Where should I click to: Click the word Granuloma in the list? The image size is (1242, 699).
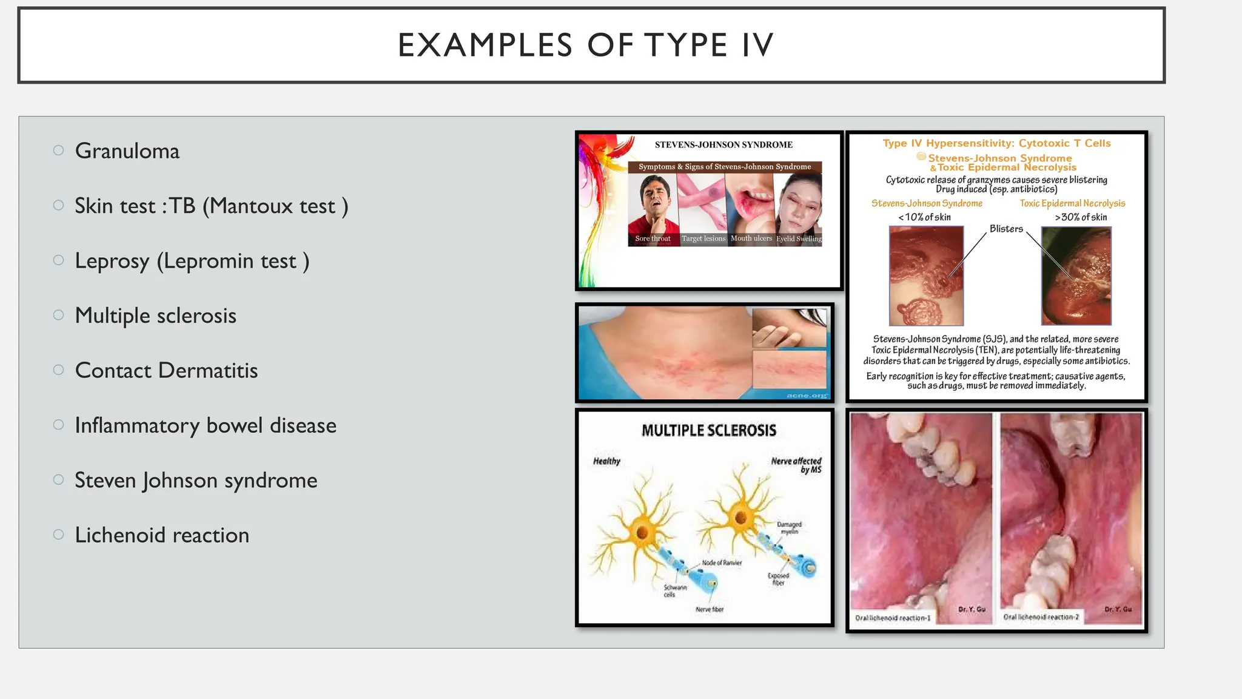(x=127, y=151)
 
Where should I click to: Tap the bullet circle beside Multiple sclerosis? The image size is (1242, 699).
(x=58, y=315)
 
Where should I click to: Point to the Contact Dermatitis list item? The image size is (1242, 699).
(x=166, y=371)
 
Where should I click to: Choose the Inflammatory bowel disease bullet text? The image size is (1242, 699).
(x=205, y=425)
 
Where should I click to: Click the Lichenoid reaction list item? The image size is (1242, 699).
(x=162, y=535)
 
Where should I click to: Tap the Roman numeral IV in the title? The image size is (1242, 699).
(x=757, y=46)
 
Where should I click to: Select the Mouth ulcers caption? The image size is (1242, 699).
(x=751, y=238)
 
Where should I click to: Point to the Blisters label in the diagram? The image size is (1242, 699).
(x=1006, y=229)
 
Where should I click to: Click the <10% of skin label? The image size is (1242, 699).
(x=924, y=217)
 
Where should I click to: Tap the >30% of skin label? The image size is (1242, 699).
(x=1081, y=217)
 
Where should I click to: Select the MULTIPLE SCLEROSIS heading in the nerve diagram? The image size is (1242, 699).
(x=708, y=431)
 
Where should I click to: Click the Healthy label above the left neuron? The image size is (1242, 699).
(x=606, y=461)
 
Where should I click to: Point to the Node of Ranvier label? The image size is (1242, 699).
(x=721, y=562)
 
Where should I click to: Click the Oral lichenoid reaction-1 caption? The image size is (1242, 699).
(x=892, y=618)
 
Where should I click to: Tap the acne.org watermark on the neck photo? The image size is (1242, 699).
(x=806, y=396)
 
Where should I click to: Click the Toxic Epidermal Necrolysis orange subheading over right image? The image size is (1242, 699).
(x=1072, y=203)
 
